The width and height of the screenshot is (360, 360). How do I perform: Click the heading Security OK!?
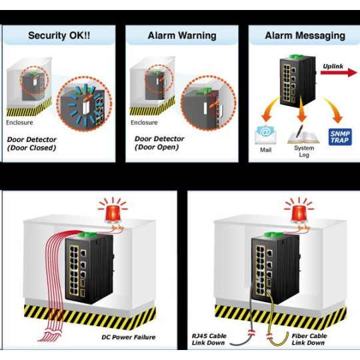coord(59,35)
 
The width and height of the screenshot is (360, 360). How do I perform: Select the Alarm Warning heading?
coord(182,35)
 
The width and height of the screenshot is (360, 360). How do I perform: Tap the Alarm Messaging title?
coord(305,36)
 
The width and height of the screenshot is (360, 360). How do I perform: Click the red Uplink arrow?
coord(339,73)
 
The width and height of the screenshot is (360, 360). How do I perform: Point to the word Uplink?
coord(333,67)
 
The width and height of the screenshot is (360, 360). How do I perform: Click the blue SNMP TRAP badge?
coord(340,137)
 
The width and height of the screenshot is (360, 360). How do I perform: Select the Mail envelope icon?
coord(265,135)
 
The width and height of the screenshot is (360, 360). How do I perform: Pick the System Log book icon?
coord(303,135)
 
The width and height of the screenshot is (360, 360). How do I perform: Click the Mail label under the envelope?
coord(265,150)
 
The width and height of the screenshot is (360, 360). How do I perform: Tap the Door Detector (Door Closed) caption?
coord(32,143)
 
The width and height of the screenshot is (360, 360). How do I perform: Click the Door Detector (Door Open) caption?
coord(159,143)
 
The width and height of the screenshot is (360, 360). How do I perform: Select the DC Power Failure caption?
coord(129,337)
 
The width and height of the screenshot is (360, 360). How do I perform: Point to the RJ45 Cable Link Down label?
coord(209,339)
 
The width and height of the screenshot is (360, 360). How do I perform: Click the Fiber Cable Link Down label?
coord(309,339)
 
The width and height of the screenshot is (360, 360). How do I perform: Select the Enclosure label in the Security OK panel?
coord(19,123)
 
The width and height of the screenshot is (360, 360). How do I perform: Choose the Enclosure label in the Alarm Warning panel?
coord(144,123)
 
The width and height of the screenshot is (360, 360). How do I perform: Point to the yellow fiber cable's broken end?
coord(269,337)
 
